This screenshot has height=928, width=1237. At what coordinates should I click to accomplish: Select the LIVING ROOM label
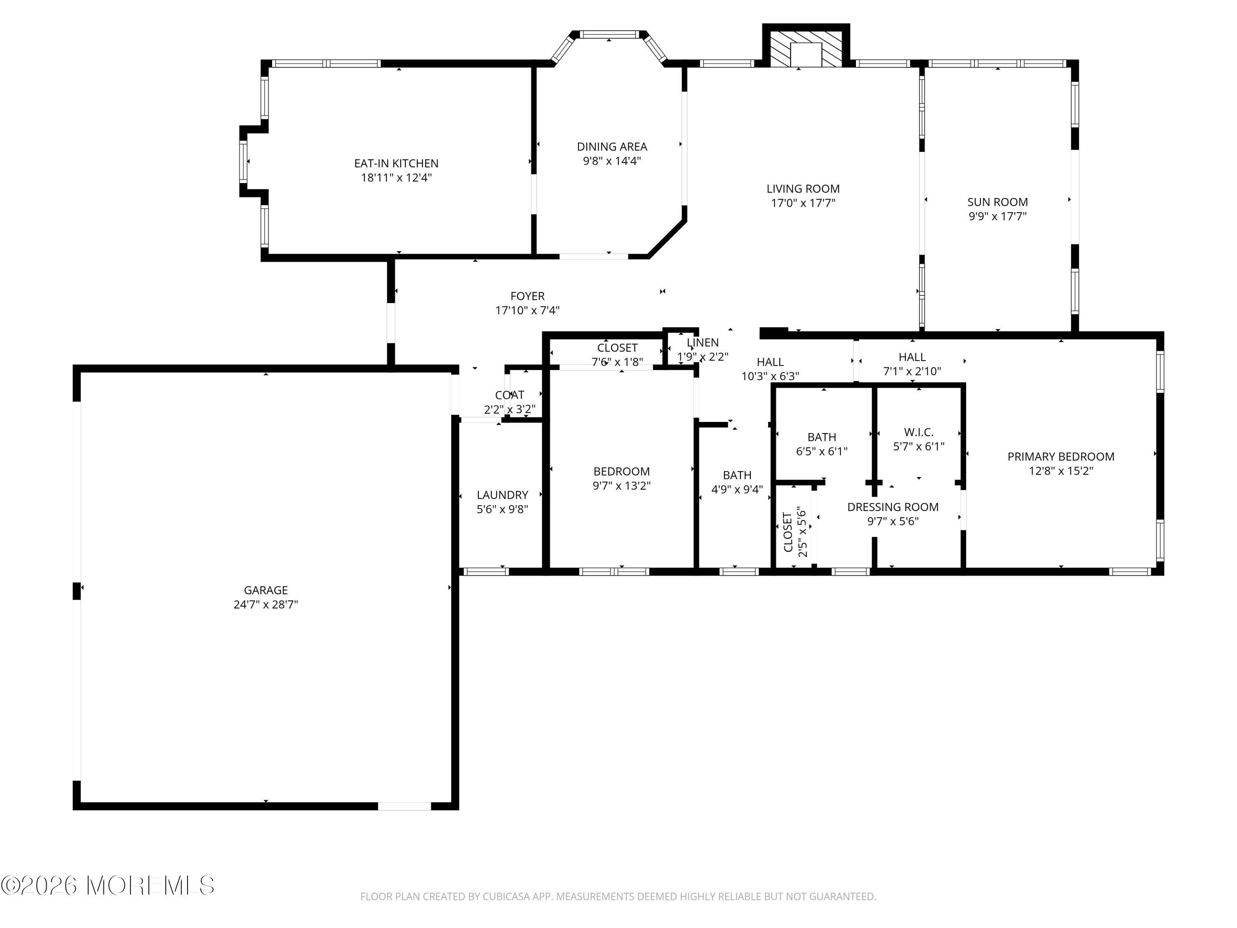pos(803,189)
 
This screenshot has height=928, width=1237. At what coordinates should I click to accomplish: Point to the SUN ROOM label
pos(998,202)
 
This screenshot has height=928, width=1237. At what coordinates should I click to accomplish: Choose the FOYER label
pos(527,296)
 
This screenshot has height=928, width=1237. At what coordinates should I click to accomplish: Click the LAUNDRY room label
pos(502,495)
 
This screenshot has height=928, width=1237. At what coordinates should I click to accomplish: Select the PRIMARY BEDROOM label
pos(1061,457)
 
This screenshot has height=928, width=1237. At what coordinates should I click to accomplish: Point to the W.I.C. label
pos(919,432)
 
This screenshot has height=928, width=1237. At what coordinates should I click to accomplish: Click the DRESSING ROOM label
pos(893,507)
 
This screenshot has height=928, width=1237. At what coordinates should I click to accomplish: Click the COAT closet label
pos(510,395)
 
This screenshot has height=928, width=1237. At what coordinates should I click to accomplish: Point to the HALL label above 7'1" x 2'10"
pos(912,357)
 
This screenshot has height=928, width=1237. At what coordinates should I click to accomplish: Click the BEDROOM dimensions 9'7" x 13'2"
pos(621,485)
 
